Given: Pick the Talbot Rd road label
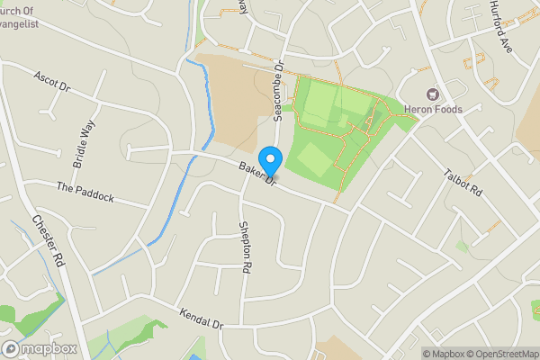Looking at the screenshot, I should click(x=463, y=181).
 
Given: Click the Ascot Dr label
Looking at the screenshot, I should click(x=51, y=82).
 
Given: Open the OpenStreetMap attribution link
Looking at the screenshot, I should click(x=502, y=353).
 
